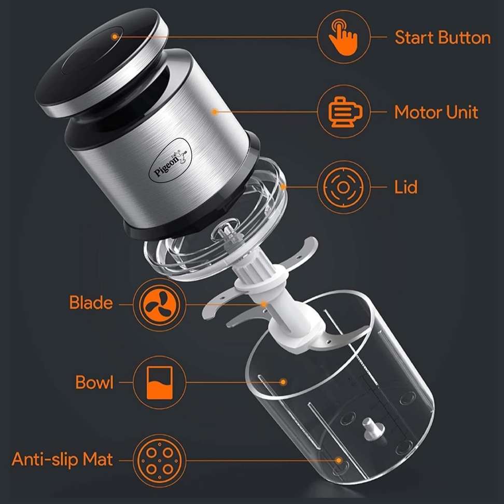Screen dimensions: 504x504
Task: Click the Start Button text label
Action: [x=443, y=38]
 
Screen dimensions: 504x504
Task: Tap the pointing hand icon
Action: [x=343, y=37]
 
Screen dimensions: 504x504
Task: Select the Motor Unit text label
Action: [x=436, y=113]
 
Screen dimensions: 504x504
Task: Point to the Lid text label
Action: [x=406, y=187]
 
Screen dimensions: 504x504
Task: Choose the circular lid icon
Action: [x=343, y=187]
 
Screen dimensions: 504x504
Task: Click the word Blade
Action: [x=91, y=303]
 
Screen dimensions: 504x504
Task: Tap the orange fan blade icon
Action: [x=159, y=304]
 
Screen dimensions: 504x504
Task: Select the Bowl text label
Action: [x=94, y=383]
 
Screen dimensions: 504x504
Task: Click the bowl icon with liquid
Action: [x=159, y=383]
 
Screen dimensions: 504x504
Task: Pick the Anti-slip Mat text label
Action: [x=62, y=459]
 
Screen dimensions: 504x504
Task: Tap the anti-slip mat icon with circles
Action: [x=159, y=461]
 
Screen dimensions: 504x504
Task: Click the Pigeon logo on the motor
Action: [x=171, y=160]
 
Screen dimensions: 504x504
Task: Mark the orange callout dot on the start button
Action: [x=115, y=37]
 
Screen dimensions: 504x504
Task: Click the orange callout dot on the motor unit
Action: [x=215, y=112]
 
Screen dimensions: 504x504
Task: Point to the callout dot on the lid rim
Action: [x=283, y=187]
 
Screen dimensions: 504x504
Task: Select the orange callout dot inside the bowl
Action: [x=283, y=382]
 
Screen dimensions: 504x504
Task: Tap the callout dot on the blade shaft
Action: [x=263, y=304]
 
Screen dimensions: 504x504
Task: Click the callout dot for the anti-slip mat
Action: [x=338, y=460]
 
